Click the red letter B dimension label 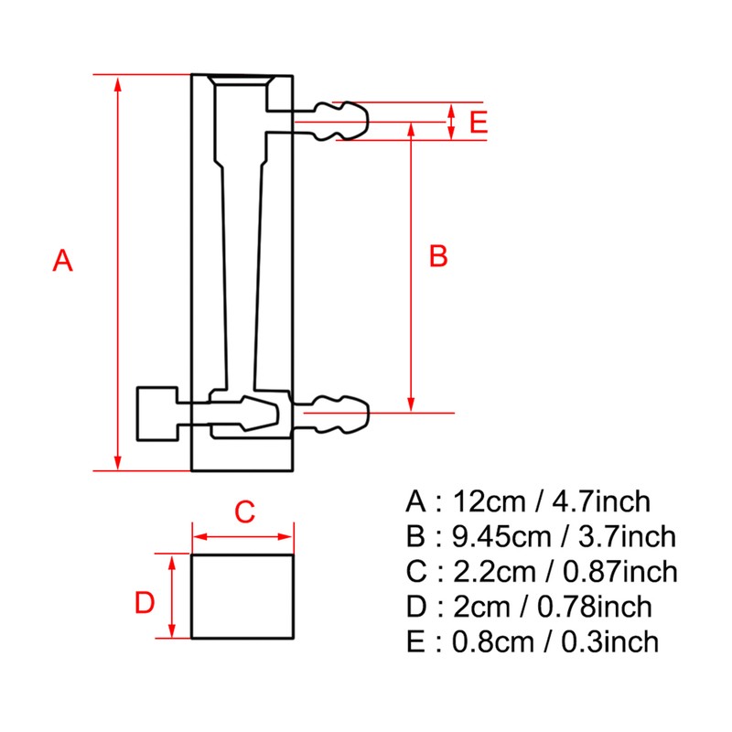(x=438, y=257)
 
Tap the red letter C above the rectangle (x=243, y=512)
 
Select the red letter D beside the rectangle (x=145, y=604)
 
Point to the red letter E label (x=477, y=123)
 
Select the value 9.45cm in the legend (x=502, y=537)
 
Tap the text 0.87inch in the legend (x=621, y=572)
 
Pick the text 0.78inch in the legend (x=596, y=607)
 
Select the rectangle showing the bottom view (x=242, y=596)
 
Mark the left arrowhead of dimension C (x=198, y=537)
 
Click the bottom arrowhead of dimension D (x=171, y=630)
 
